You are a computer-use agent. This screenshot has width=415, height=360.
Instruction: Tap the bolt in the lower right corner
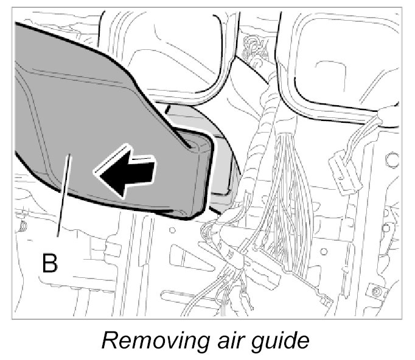(x=378, y=292)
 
